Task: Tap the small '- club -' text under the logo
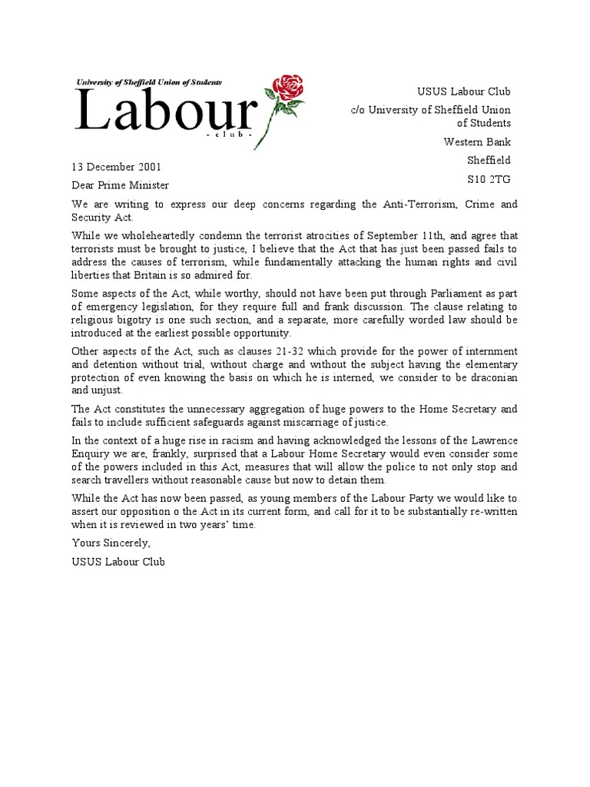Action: (224, 134)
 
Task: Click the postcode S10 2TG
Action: (489, 179)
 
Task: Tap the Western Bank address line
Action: (477, 141)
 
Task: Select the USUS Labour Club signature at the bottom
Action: (118, 562)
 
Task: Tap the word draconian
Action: (488, 377)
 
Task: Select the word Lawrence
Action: (488, 440)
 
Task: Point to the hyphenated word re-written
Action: (488, 511)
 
